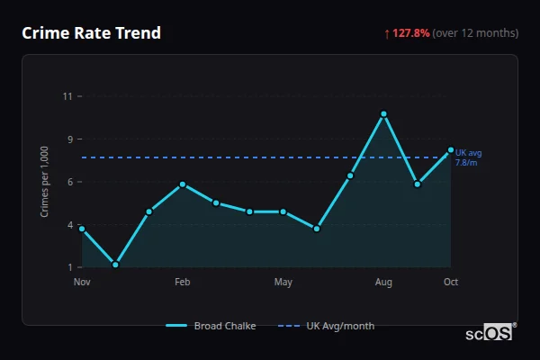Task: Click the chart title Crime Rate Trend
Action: (92, 33)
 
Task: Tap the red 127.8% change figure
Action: (411, 33)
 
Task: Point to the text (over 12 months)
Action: (475, 33)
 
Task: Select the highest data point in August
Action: (383, 114)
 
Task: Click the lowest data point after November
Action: (115, 265)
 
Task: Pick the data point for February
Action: (183, 184)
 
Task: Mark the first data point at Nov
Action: (82, 229)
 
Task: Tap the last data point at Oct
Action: (451, 149)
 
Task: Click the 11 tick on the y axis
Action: (67, 96)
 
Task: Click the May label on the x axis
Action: (283, 283)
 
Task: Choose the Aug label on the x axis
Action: (383, 283)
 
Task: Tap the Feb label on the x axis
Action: (183, 283)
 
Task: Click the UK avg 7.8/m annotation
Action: (468, 157)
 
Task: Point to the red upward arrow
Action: (387, 33)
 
